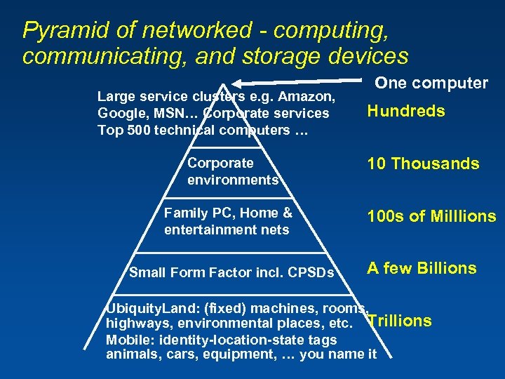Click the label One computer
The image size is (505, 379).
(431, 83)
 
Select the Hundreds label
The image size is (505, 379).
(405, 111)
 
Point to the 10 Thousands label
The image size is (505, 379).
(423, 164)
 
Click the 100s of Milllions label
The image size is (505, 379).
(431, 216)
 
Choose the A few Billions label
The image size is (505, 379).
(422, 268)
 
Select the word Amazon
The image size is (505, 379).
(314, 96)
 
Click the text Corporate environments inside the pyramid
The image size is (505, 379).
(232, 171)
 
